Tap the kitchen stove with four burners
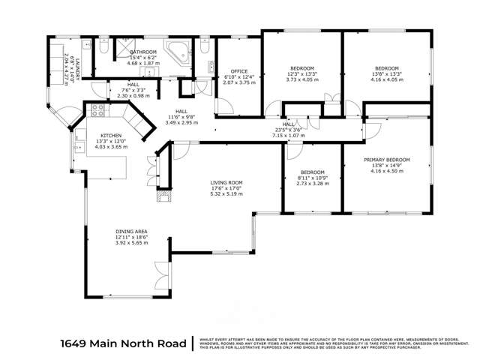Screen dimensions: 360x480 [97, 112]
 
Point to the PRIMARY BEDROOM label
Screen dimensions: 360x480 [387, 160]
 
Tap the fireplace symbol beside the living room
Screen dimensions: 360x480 [161, 197]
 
